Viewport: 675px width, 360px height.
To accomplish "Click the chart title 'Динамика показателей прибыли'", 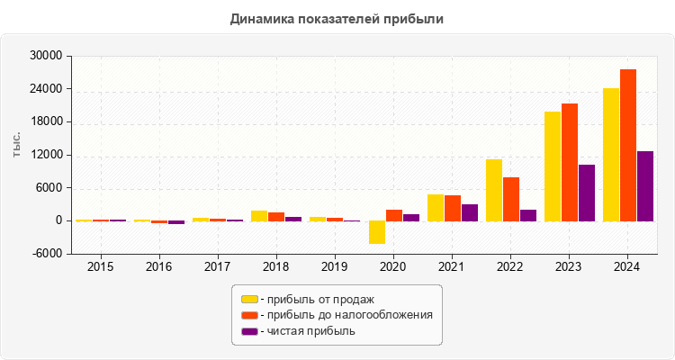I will click(x=337, y=18).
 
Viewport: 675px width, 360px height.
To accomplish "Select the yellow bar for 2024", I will click(x=611, y=154).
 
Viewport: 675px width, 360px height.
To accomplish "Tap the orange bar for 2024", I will click(x=628, y=145).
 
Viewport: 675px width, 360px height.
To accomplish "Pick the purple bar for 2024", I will click(x=645, y=185).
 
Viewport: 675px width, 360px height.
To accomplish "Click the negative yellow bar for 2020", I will click(x=376, y=232).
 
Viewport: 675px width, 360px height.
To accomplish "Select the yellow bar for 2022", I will click(x=494, y=190).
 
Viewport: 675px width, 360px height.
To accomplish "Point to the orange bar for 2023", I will click(x=570, y=162).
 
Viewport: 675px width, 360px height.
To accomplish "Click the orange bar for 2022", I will click(x=511, y=199).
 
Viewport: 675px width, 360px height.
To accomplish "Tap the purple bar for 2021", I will click(x=470, y=212).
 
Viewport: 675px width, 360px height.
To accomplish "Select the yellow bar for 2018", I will click(x=259, y=216).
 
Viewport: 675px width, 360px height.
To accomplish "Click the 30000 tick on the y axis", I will click(x=46, y=56).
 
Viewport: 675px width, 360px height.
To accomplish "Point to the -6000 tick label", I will click(x=46, y=254).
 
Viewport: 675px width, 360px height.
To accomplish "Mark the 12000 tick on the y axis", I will click(x=46, y=155).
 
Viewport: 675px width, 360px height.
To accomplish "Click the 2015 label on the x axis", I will click(x=100, y=267).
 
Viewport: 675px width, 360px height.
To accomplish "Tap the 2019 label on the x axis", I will click(x=335, y=267).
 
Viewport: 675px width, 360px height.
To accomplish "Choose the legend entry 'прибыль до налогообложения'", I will click(x=346, y=315).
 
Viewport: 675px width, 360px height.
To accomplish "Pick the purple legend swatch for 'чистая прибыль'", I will click(x=249, y=331).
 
